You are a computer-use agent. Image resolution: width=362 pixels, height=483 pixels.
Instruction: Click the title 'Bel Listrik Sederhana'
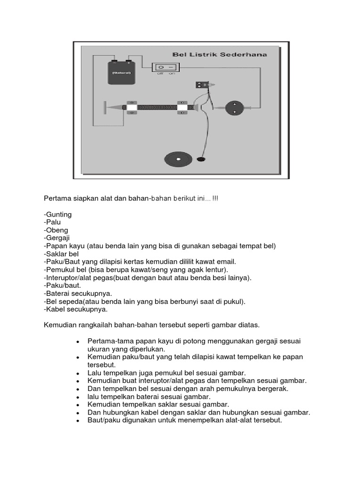(220, 55)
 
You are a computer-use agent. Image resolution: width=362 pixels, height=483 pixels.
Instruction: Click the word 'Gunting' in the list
(58, 214)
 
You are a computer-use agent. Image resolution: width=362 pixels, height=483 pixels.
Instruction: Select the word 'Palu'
(53, 222)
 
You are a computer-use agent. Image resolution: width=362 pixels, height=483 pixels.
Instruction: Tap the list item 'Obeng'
(57, 230)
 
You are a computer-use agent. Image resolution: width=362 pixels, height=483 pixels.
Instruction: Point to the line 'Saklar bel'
(62, 254)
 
